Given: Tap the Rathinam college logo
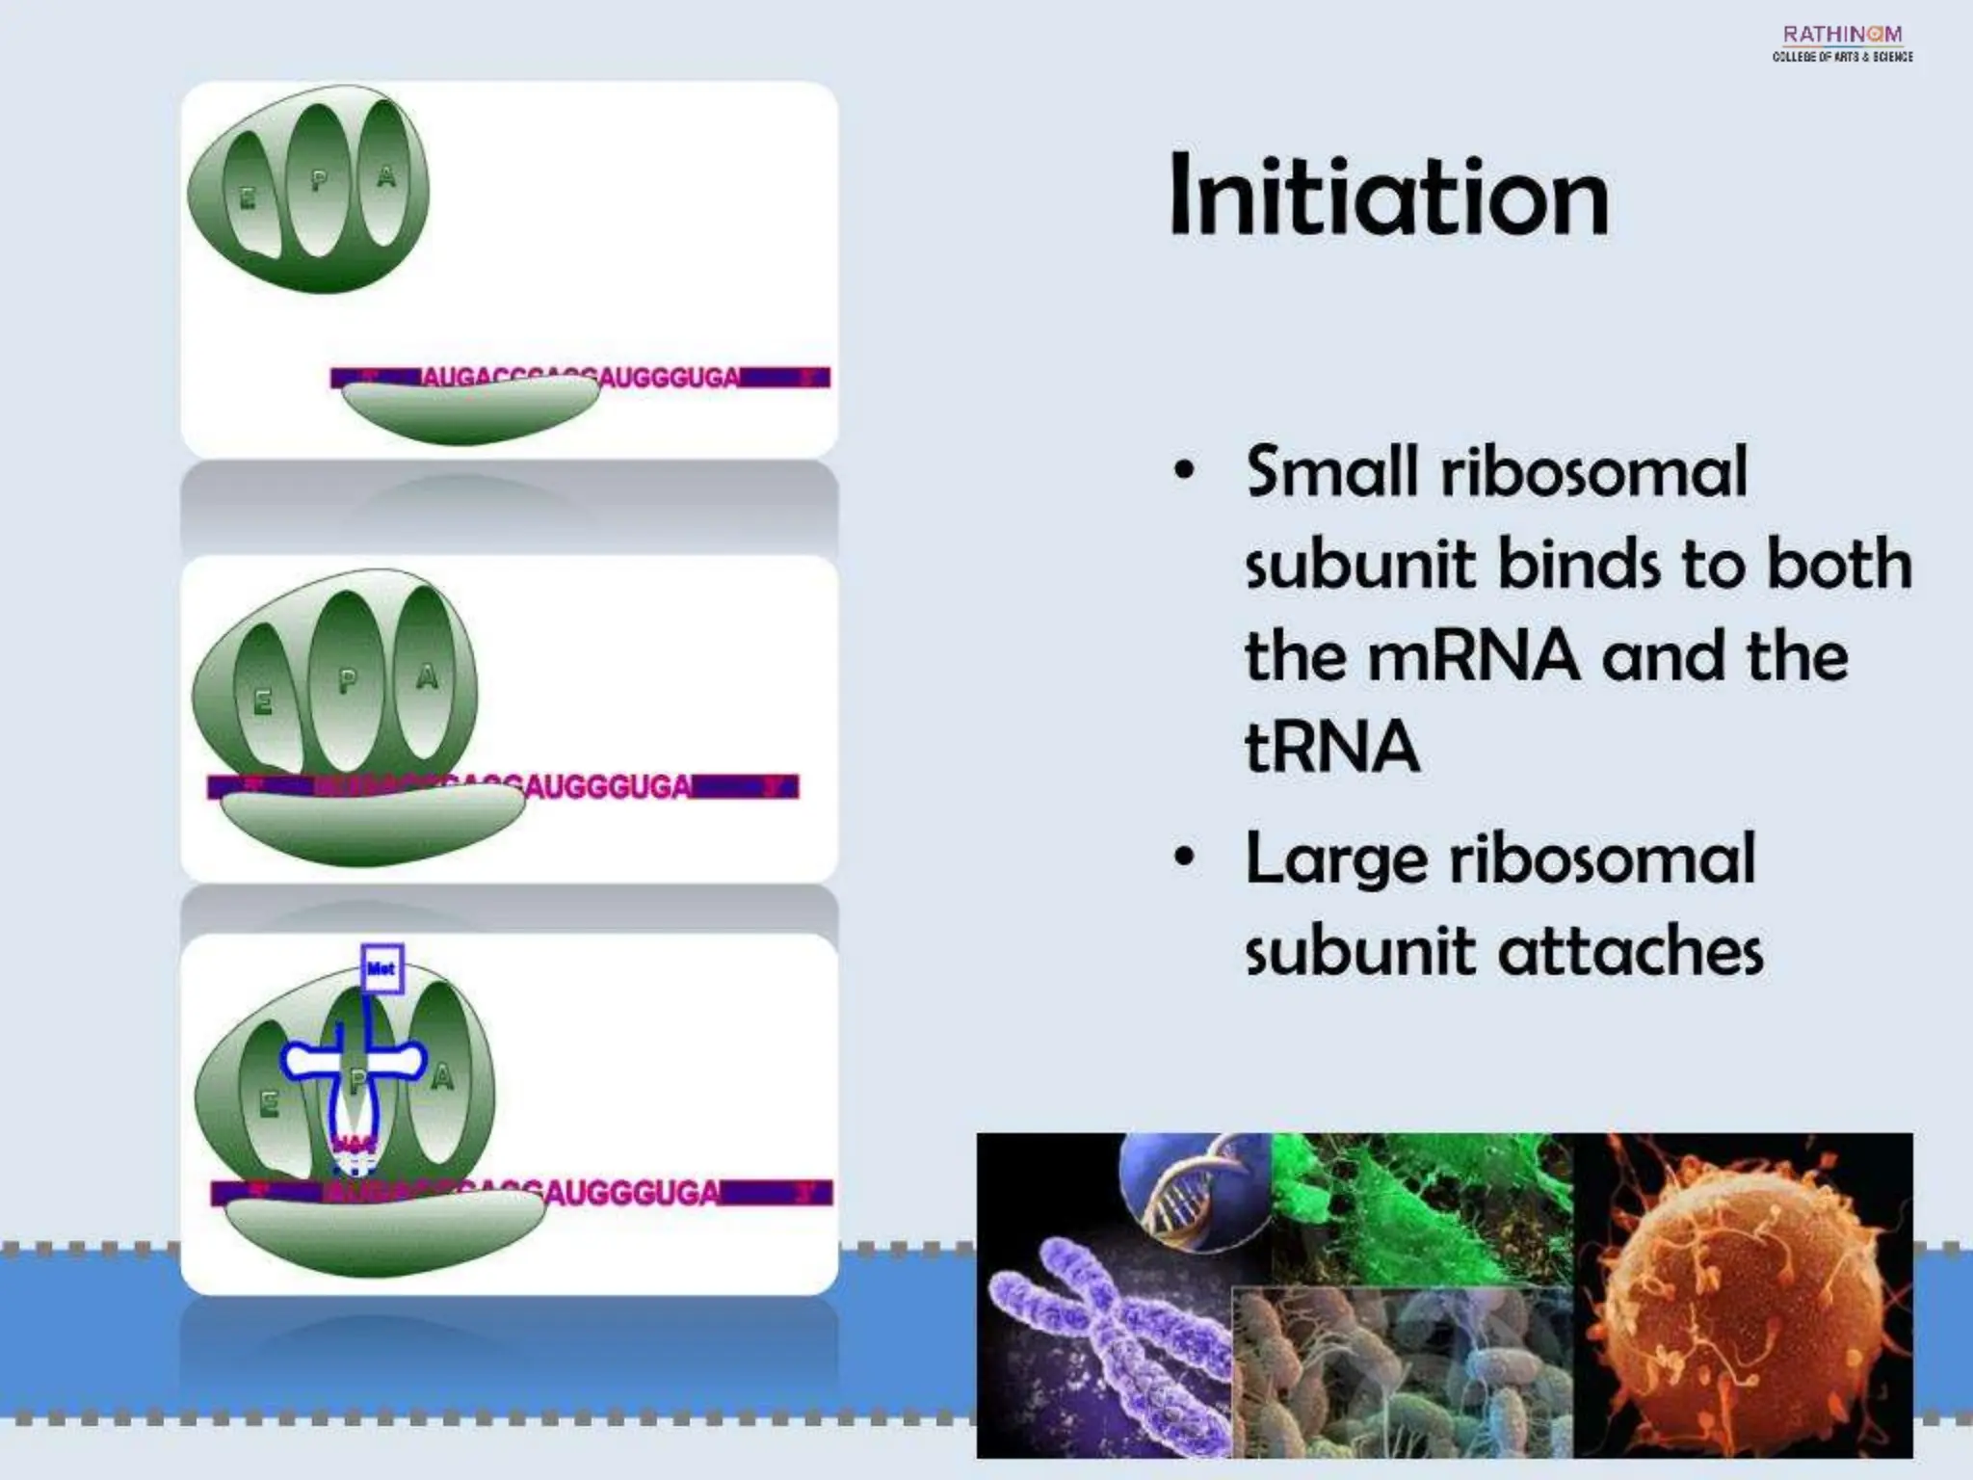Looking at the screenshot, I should (1842, 43).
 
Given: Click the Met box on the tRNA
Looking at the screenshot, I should (381, 968).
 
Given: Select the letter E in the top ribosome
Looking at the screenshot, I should (248, 199).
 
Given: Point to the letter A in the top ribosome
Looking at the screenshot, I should (386, 176).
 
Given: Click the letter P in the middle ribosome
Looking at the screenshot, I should (347, 682).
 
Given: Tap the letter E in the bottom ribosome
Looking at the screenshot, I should (269, 1104).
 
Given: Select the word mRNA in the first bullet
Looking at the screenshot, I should (1473, 656).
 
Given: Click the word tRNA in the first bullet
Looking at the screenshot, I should (1332, 747).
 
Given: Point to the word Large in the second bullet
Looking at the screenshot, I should (1335, 860).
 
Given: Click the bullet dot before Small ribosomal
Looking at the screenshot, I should (1184, 472).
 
